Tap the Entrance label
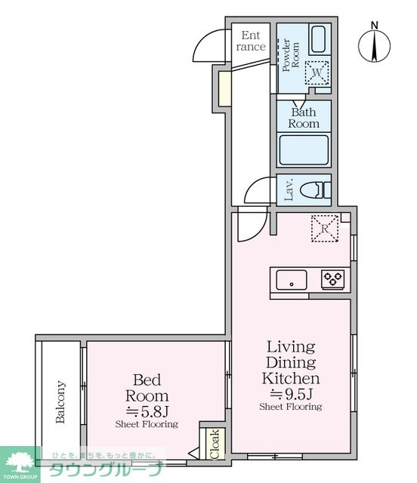[251, 41]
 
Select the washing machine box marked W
[317, 72]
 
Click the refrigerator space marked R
[325, 228]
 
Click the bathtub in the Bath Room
[304, 149]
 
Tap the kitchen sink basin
[292, 280]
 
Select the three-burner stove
[332, 280]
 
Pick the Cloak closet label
[215, 444]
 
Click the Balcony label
[60, 402]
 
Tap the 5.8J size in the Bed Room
[147, 411]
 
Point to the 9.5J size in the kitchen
[292, 393]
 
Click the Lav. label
[289, 190]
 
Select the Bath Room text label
[304, 118]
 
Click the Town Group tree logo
[20, 461]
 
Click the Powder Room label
[291, 55]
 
